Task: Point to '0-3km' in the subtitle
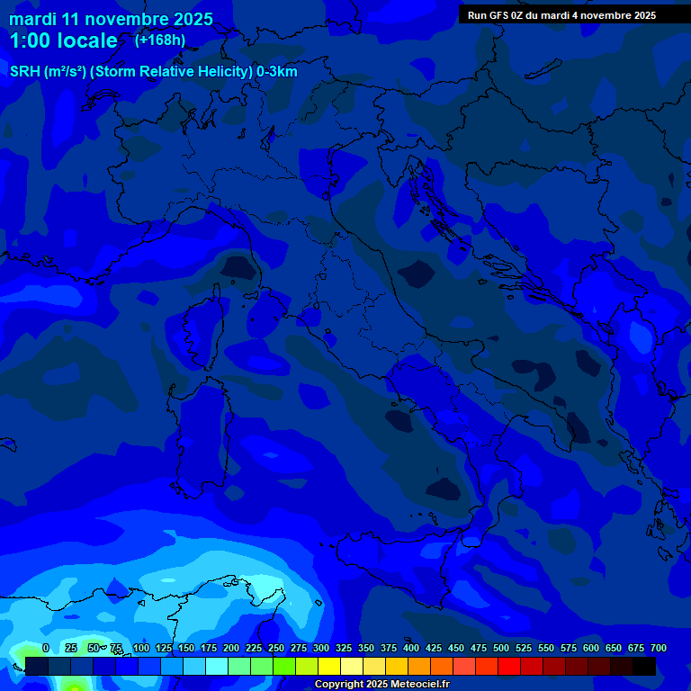[x=277, y=72]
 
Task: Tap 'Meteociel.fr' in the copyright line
[x=414, y=685]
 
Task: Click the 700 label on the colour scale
[x=658, y=649]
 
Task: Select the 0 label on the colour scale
[x=46, y=649]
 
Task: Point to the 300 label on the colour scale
[x=321, y=649]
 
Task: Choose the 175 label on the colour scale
[x=209, y=649]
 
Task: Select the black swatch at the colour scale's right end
[x=644, y=666]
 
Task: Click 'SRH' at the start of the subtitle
[x=25, y=72]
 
